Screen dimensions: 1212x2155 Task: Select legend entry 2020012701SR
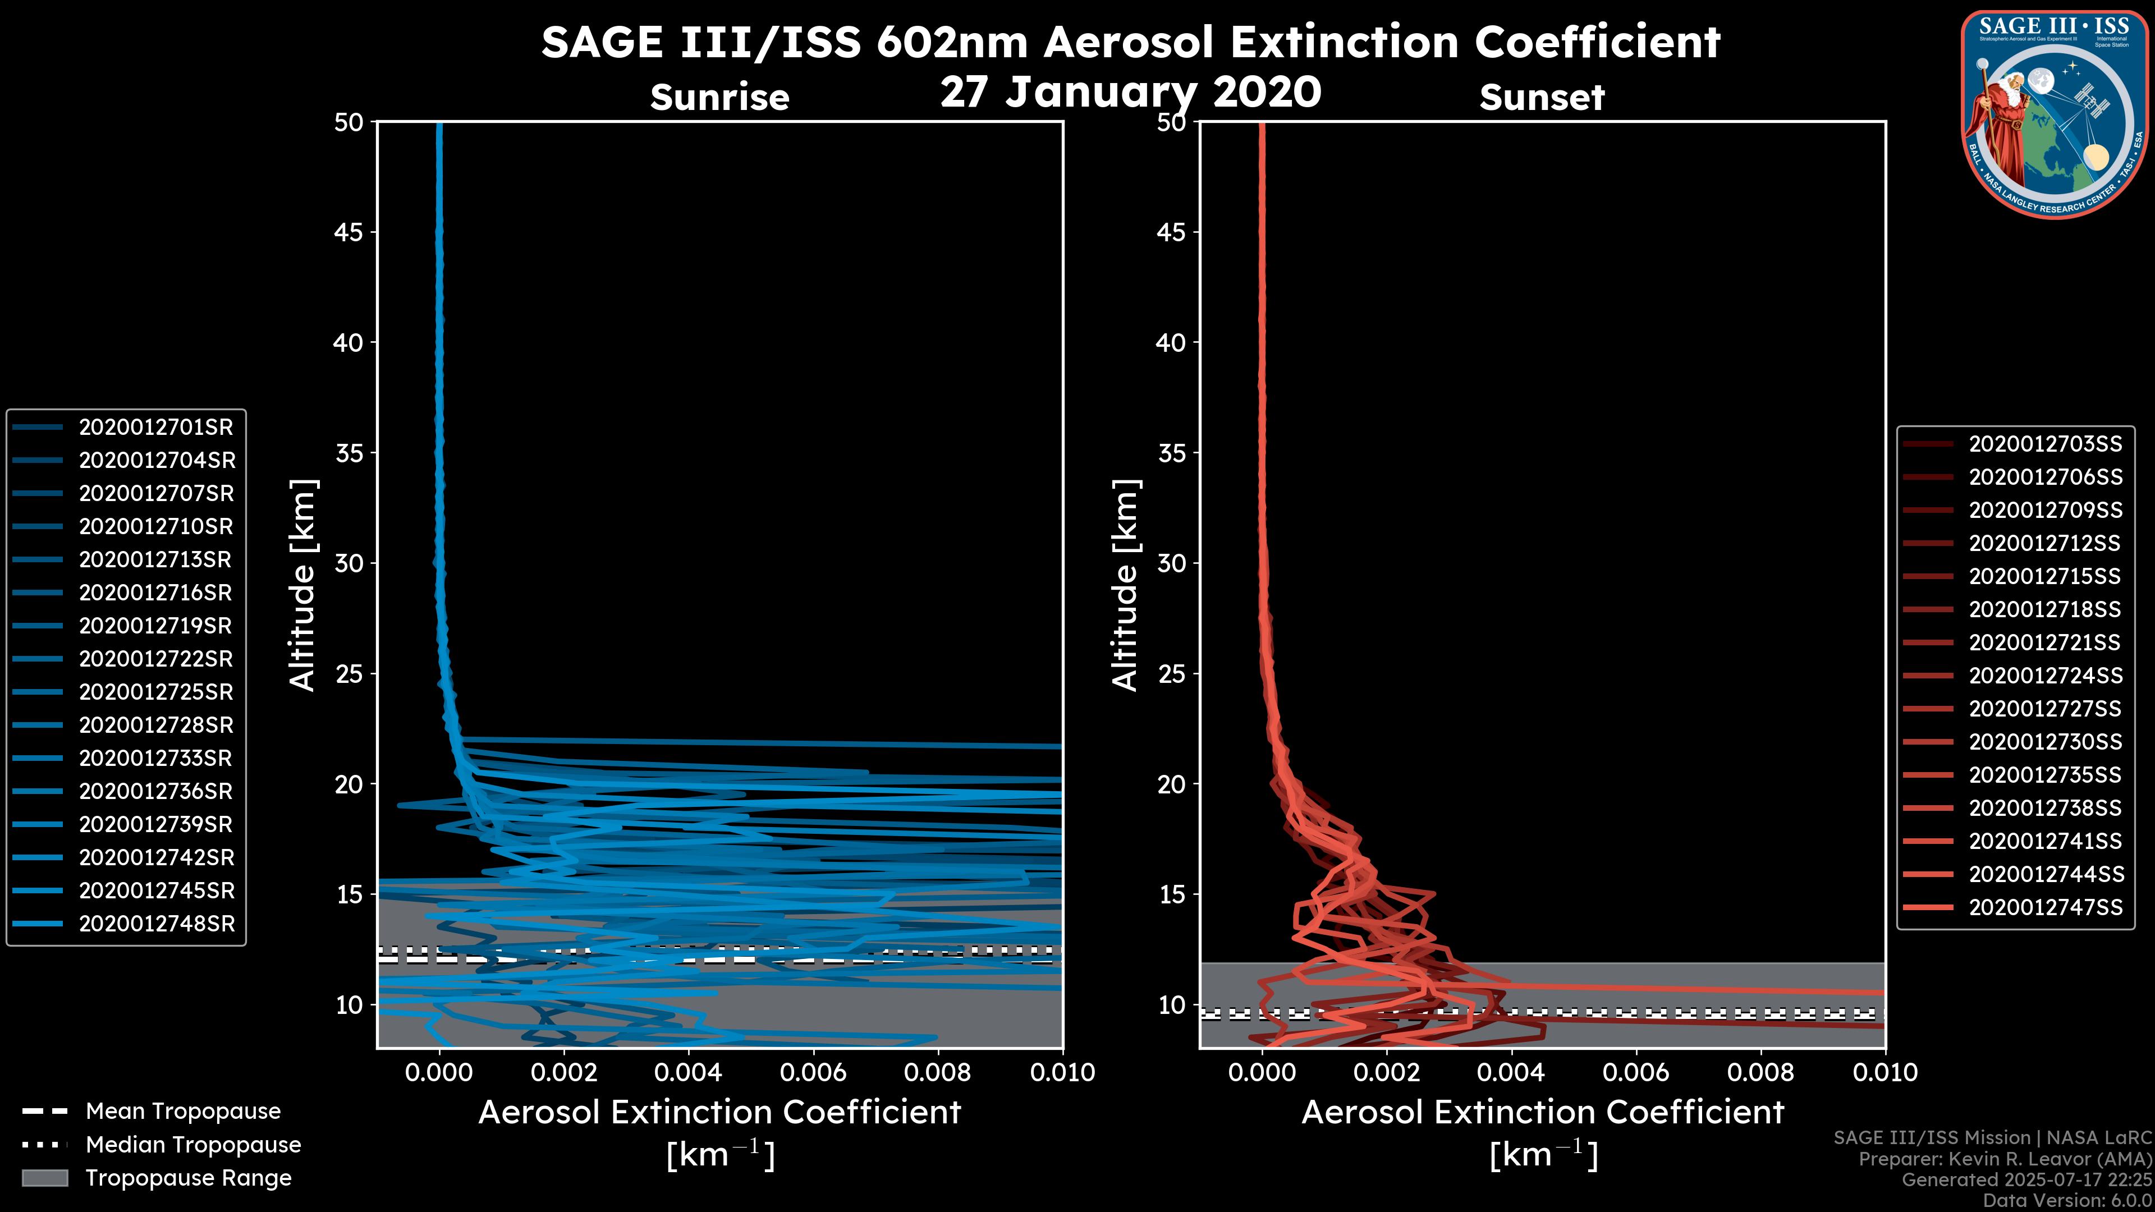click(155, 428)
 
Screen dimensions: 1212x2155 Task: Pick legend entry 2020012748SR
click(157, 924)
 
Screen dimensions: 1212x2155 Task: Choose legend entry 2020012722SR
click(155, 659)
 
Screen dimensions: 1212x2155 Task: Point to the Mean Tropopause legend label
click(182, 1112)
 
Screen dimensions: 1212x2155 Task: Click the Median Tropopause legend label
click(192, 1145)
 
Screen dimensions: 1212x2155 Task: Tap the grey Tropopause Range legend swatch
click(45, 1178)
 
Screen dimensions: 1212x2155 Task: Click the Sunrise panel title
click(719, 98)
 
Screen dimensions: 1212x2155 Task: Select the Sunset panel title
click(1541, 98)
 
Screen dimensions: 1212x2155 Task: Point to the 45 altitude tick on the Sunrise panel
click(349, 232)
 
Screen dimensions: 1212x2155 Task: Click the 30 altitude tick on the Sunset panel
click(1171, 564)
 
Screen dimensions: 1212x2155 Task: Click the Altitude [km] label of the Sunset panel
click(1125, 585)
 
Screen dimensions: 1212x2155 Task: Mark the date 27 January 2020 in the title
click(1130, 92)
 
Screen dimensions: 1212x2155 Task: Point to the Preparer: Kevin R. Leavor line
click(2005, 1159)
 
